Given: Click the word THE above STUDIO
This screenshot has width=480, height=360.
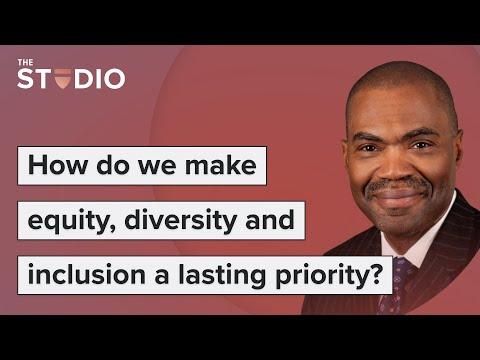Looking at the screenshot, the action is click(x=25, y=62).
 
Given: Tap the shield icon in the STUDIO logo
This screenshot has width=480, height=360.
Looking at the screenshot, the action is click(x=63, y=79).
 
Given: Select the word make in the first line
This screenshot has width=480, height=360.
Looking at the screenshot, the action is click(x=221, y=165).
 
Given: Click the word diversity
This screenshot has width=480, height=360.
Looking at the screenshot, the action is click(x=181, y=220).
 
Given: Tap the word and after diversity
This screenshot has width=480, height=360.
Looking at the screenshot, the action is click(x=270, y=219).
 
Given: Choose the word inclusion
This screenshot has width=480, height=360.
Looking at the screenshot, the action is click(x=87, y=274).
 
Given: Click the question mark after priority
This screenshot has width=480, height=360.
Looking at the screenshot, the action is click(x=376, y=274).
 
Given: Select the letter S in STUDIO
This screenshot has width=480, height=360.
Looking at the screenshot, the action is click(x=26, y=79).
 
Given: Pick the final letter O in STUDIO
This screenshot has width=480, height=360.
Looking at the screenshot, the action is click(x=114, y=79).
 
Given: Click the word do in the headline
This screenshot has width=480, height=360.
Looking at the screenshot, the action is click(x=113, y=165).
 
